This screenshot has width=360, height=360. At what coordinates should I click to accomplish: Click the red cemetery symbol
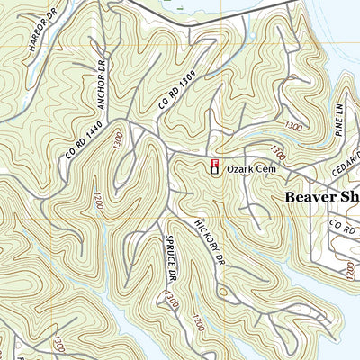(x=214, y=165)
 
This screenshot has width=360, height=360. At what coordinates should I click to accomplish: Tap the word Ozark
(x=238, y=167)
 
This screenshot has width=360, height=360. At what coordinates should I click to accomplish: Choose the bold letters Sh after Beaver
(x=350, y=195)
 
